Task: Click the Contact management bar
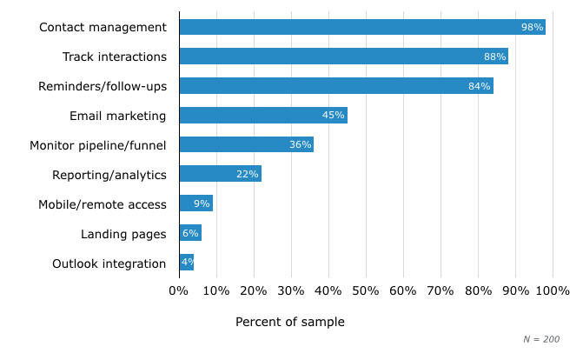click(361, 27)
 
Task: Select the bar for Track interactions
click(343, 57)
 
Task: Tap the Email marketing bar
click(262, 115)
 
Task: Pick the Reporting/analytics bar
click(220, 174)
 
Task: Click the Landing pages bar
click(190, 233)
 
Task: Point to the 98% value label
click(532, 27)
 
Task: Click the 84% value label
click(480, 86)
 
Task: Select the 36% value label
click(301, 144)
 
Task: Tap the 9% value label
click(202, 203)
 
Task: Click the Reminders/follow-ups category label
click(103, 86)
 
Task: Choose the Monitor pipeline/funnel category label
click(97, 144)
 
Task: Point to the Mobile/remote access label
click(102, 204)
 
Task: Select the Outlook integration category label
click(109, 263)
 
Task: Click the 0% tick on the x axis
click(179, 290)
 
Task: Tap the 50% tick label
click(366, 290)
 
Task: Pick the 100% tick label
click(553, 290)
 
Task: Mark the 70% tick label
click(441, 290)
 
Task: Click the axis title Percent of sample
click(290, 322)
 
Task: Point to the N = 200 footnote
click(541, 339)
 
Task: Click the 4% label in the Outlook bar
click(187, 263)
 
